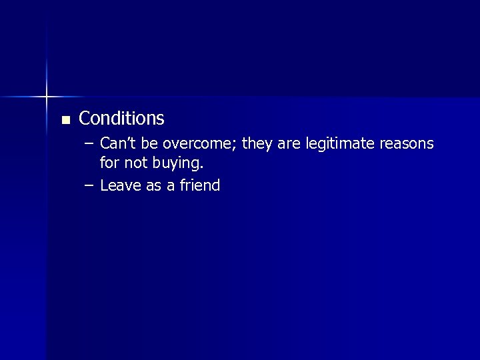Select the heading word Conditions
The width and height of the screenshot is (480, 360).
tap(121, 119)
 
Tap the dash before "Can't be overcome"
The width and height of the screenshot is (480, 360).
tap(89, 144)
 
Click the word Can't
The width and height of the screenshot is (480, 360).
tap(117, 143)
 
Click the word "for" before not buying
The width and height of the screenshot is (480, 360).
tap(109, 162)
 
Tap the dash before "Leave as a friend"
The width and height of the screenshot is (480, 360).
tap(89, 185)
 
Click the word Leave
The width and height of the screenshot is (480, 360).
tap(121, 185)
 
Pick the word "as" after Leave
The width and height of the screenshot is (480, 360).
tap(154, 186)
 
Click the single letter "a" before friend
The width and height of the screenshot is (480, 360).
tap(171, 186)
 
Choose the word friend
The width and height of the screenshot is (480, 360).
tap(199, 185)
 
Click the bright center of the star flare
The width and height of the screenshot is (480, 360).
tap(47, 97)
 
